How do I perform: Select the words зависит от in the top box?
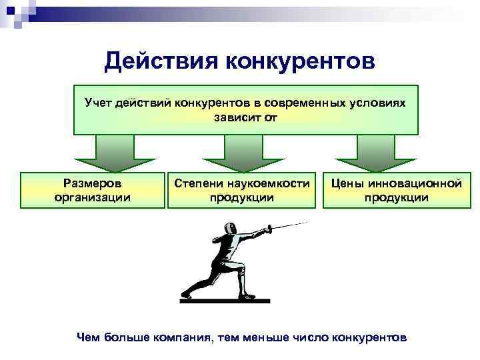[245, 118]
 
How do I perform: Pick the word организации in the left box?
[92, 197]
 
